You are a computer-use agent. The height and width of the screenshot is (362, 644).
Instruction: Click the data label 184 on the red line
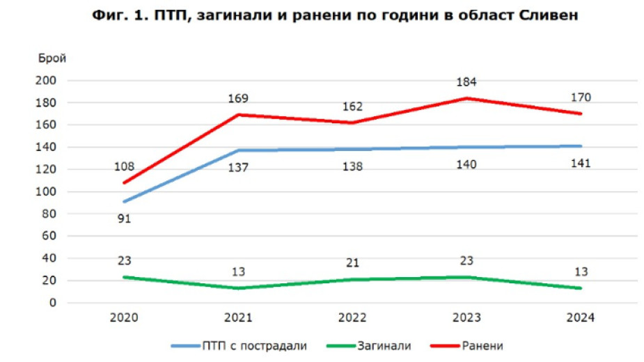click(x=466, y=83)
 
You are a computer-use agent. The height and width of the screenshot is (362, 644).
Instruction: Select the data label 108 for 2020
click(x=125, y=167)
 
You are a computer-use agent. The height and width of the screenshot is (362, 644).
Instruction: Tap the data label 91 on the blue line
click(x=125, y=219)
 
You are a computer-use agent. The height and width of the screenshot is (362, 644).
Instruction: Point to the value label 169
click(x=238, y=98)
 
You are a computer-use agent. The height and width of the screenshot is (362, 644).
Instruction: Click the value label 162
click(x=353, y=107)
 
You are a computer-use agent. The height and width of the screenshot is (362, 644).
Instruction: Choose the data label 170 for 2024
click(x=580, y=97)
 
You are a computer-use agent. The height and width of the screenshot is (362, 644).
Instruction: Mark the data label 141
click(x=580, y=164)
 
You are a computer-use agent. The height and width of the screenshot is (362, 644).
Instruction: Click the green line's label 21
click(x=353, y=264)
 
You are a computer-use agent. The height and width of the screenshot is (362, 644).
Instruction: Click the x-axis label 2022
click(x=353, y=318)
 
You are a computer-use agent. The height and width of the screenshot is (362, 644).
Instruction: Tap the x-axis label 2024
click(x=580, y=318)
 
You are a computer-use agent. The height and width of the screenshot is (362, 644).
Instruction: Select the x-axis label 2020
click(x=125, y=318)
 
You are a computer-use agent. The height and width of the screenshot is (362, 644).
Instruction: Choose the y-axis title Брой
click(x=52, y=58)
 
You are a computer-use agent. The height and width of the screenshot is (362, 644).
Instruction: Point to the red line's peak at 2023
click(x=467, y=98)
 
